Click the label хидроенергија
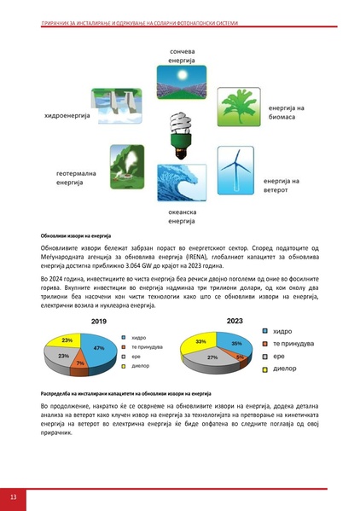coord(61,115)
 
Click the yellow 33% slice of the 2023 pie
coord(201,342)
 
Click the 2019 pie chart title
coord(74,322)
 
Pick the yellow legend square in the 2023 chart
coord(265,369)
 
